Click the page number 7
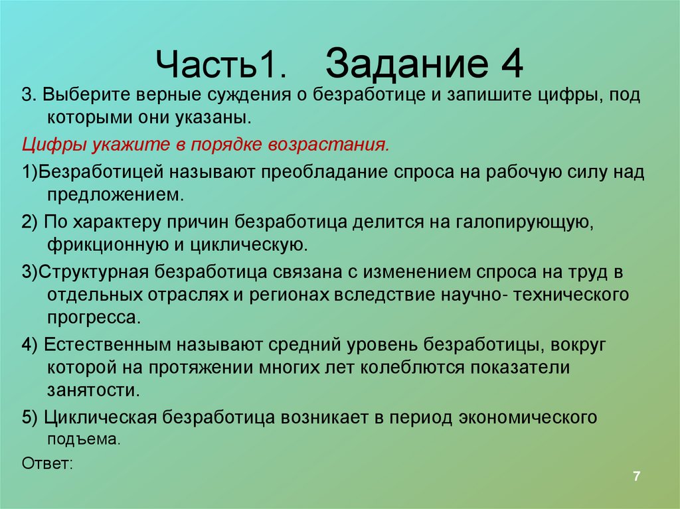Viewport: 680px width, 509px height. tap(636, 476)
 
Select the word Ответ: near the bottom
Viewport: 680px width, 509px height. tap(46, 463)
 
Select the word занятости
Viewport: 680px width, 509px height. tap(94, 389)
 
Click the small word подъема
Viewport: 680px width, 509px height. tap(84, 439)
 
